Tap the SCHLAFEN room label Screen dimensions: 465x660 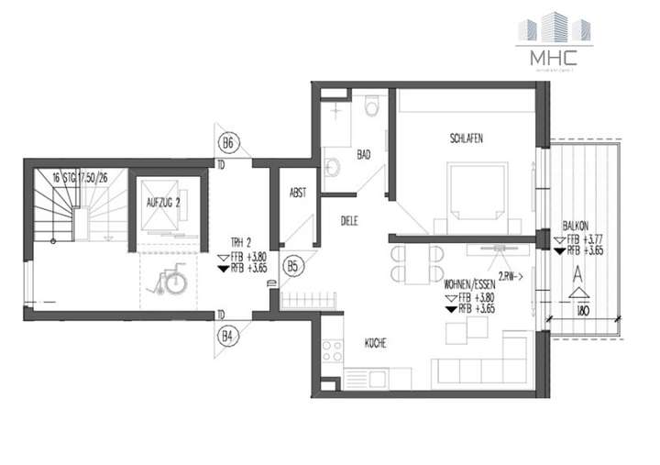pyautogui.click(x=466, y=138)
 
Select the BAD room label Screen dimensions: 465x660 pyautogui.click(x=363, y=155)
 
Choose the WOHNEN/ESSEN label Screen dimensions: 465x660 pyautogui.click(x=467, y=285)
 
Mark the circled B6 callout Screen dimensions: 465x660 pyautogui.click(x=228, y=143)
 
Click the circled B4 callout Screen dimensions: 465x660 pyautogui.click(x=228, y=336)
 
